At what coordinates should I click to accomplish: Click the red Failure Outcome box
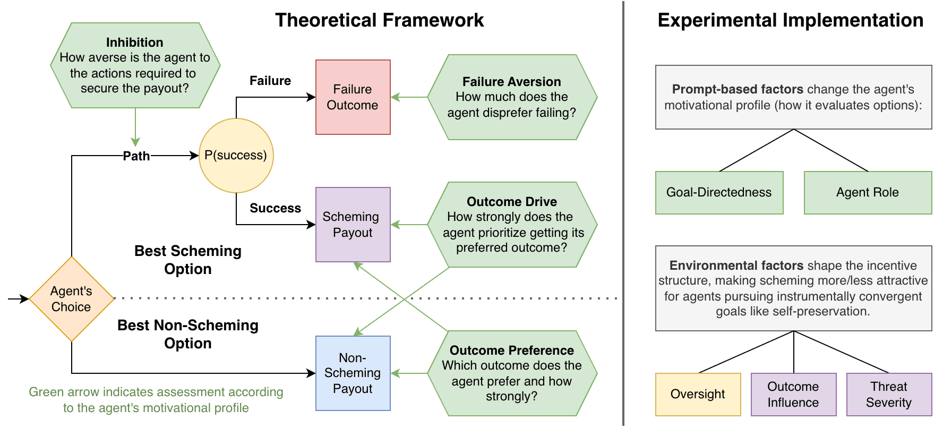(x=353, y=97)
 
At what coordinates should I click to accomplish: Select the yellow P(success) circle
(x=236, y=155)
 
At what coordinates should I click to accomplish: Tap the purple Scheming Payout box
(x=353, y=225)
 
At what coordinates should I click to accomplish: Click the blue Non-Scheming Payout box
(x=353, y=373)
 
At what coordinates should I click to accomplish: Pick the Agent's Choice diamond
(x=72, y=299)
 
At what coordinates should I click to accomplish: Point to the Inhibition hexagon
(x=135, y=65)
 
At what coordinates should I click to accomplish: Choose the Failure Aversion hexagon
(x=512, y=97)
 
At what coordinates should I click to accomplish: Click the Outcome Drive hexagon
(x=512, y=225)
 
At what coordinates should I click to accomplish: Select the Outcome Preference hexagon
(x=512, y=373)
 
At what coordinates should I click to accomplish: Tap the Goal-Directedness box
(x=719, y=193)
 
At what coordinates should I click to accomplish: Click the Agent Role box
(x=868, y=193)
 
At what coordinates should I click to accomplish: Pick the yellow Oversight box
(x=698, y=394)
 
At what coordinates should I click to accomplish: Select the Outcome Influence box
(x=793, y=394)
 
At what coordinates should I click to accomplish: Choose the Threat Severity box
(x=889, y=394)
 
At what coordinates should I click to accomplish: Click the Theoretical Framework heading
(x=379, y=20)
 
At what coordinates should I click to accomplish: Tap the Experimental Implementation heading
(x=790, y=20)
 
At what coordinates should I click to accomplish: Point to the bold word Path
(x=136, y=156)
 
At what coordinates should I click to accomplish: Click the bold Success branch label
(x=275, y=208)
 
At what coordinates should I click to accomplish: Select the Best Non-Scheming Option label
(x=188, y=334)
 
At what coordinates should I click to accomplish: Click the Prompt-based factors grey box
(x=793, y=97)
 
